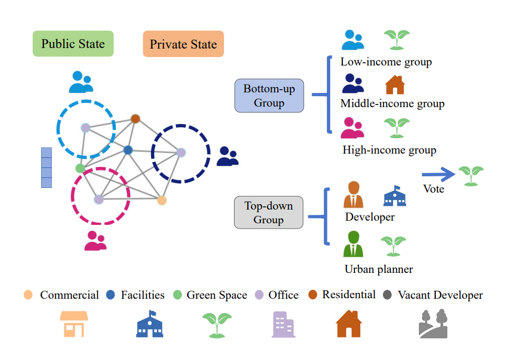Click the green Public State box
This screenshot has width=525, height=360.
click(73, 44)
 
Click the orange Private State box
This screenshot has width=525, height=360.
click(183, 44)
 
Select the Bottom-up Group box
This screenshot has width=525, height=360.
click(269, 96)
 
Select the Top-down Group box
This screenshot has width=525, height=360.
click(268, 213)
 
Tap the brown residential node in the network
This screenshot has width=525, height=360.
click(135, 119)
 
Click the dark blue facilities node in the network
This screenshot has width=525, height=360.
click(128, 150)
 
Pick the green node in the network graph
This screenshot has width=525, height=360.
click(80, 168)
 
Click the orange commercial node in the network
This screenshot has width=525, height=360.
click(162, 200)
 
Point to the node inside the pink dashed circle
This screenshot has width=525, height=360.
click(99, 199)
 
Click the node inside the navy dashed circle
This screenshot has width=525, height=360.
click(181, 152)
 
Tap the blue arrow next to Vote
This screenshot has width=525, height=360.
click(438, 174)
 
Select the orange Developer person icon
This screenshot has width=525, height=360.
click(353, 195)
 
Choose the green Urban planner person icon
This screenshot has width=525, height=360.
click(353, 244)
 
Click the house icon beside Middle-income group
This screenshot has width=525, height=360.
click(395, 85)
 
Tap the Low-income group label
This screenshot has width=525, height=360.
click(386, 62)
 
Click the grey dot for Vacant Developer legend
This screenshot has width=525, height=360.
click(388, 295)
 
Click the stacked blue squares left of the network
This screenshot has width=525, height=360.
click(46, 168)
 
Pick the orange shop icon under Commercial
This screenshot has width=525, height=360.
click(74, 324)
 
